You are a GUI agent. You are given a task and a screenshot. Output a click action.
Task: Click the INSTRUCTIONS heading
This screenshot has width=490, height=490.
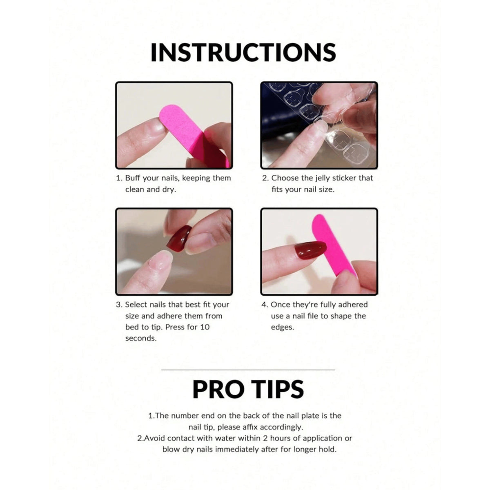tap(243, 52)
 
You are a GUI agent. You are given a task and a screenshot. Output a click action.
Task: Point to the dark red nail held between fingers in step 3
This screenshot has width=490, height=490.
tap(179, 238)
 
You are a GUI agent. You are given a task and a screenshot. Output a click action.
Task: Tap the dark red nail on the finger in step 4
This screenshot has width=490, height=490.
tap(310, 250)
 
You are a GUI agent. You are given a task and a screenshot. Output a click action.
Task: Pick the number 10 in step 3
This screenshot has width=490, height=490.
tap(205, 327)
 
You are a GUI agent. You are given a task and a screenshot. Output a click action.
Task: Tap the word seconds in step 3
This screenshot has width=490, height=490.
tap(140, 339)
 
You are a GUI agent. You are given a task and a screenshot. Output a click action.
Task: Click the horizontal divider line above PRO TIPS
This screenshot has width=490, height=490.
tap(248, 370)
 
